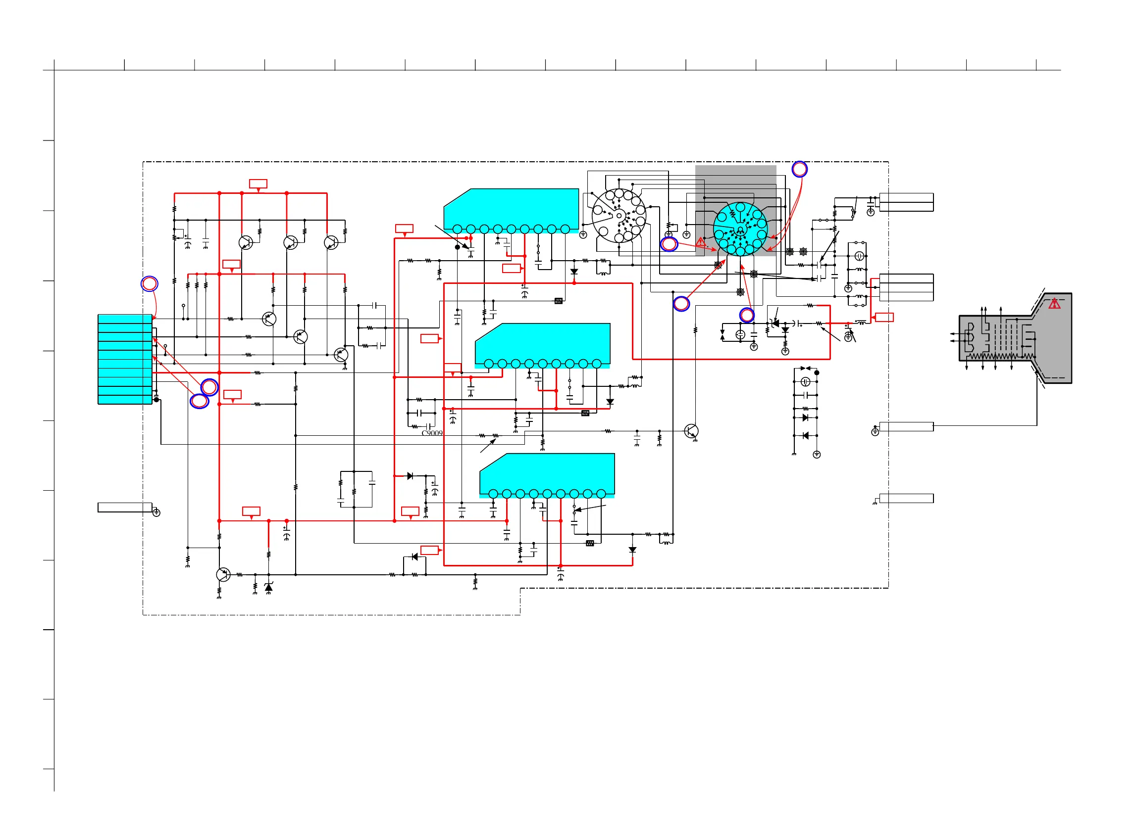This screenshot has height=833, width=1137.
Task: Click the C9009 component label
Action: (432, 433)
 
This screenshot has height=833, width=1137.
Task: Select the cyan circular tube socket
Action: (740, 229)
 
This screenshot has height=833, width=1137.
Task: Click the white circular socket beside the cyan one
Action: (619, 216)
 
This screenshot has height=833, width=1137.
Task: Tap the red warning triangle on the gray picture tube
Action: (1054, 304)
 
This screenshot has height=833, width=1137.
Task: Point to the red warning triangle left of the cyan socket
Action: (700, 242)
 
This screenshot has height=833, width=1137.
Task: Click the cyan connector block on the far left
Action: (125, 359)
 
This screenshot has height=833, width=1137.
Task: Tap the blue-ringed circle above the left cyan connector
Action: (150, 284)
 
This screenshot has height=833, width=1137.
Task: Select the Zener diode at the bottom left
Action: (268, 587)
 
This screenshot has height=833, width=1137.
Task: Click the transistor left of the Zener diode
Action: (222, 574)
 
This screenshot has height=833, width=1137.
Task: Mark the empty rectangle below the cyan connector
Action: (125, 507)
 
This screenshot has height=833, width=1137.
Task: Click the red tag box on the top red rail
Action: (258, 184)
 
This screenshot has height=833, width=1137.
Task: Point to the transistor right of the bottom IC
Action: (691, 431)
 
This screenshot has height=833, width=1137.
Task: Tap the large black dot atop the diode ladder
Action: (817, 372)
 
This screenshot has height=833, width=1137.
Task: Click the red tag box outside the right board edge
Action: (884, 317)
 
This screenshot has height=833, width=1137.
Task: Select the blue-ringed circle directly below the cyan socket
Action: (747, 316)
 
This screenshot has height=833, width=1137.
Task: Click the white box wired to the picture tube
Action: (906, 426)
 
